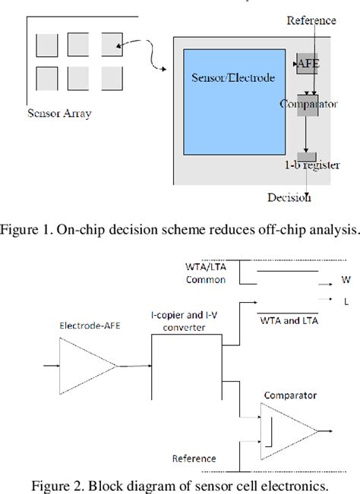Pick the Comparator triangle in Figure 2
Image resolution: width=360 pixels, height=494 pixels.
[286, 430]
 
